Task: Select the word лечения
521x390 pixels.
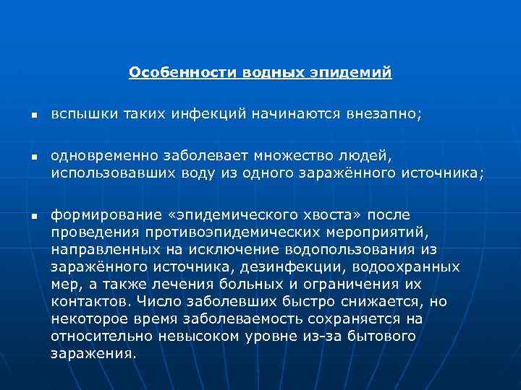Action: [179, 284]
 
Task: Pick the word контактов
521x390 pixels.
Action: [82, 301]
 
